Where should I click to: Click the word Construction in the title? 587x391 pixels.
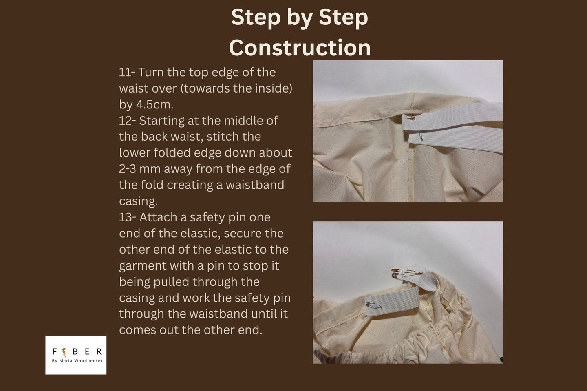coord(300,47)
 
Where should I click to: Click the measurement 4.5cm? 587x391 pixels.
coord(154,104)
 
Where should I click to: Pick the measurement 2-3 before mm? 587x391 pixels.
coord(127,169)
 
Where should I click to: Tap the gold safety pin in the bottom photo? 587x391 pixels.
coord(407,271)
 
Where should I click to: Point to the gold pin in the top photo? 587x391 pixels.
coord(411,117)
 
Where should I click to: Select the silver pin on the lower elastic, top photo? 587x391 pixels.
coord(421,137)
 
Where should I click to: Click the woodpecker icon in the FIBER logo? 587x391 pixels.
coord(64,352)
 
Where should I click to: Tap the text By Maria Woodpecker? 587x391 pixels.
coord(77,360)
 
